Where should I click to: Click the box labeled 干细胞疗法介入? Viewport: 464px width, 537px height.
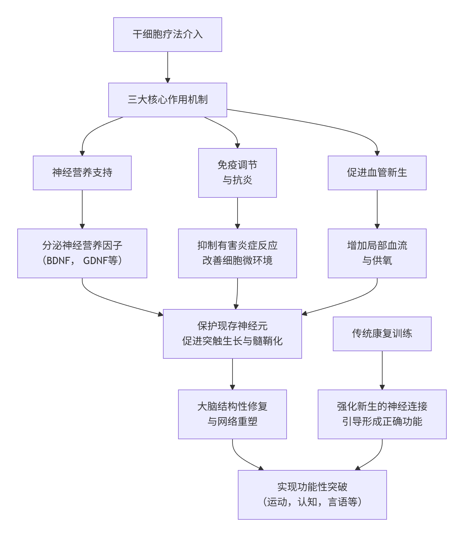pyautogui.click(x=167, y=35)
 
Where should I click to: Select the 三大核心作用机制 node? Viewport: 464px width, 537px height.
pyautogui.click(x=167, y=100)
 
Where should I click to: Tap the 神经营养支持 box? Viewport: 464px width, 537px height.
pyautogui.click(x=82, y=173)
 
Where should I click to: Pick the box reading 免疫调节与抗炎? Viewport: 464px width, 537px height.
pyautogui.click(x=237, y=173)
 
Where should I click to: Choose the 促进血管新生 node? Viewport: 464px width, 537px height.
pyautogui.click(x=377, y=173)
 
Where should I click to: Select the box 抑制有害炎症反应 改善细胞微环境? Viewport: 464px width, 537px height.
pyautogui.click(x=237, y=253)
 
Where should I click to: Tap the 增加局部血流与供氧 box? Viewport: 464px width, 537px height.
pyautogui.click(x=377, y=253)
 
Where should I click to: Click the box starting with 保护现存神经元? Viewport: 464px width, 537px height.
pyautogui.click(x=232, y=334)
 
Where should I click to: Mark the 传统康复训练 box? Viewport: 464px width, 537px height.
pyautogui.click(x=382, y=334)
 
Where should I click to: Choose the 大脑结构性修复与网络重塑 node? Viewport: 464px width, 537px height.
pyautogui.click(x=232, y=414)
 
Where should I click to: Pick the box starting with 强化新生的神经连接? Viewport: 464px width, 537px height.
pyautogui.click(x=382, y=414)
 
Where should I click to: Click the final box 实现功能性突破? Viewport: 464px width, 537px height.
pyautogui.click(x=312, y=495)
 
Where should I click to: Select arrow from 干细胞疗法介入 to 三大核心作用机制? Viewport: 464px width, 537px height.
pyautogui.click(x=168, y=67)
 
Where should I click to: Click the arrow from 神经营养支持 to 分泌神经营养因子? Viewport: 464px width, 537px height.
pyautogui.click(x=82, y=209)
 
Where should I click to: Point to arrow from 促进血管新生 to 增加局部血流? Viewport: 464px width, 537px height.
pyautogui.click(x=377, y=209)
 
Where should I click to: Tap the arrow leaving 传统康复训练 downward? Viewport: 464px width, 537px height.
pyautogui.click(x=382, y=370)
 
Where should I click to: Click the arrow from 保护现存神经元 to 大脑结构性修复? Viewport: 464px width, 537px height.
pyautogui.click(x=232, y=374)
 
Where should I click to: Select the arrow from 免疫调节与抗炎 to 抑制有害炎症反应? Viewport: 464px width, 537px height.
pyautogui.click(x=237, y=213)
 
